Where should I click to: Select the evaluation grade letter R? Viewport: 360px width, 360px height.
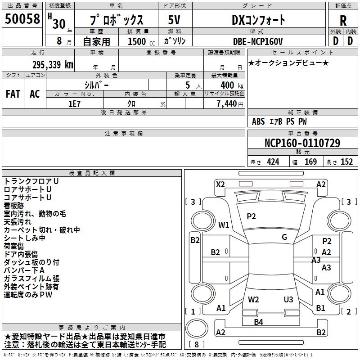tap(343, 21)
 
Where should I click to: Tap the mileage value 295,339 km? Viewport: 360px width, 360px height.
tap(53, 64)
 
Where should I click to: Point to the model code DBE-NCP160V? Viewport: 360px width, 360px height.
tap(258, 41)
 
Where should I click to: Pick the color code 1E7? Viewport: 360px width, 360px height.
tap(74, 103)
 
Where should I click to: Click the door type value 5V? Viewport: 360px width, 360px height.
tap(175, 20)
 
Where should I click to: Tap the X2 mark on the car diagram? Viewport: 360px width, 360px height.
tap(220, 184)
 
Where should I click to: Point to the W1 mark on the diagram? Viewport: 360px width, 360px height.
tap(224, 225)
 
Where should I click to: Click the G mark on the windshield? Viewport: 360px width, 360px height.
tap(284, 237)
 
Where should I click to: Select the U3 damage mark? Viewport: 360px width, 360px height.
tap(288, 299)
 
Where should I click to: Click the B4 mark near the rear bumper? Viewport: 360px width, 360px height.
tap(258, 322)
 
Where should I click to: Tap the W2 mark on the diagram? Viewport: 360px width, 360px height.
tap(253, 299)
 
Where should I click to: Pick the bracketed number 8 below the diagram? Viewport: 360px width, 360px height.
tap(197, 344)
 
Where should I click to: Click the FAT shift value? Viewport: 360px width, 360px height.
tap(13, 94)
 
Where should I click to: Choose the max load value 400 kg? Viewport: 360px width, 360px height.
tap(230, 85)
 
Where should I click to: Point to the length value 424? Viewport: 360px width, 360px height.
tap(273, 162)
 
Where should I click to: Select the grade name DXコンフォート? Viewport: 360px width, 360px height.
tap(258, 20)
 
